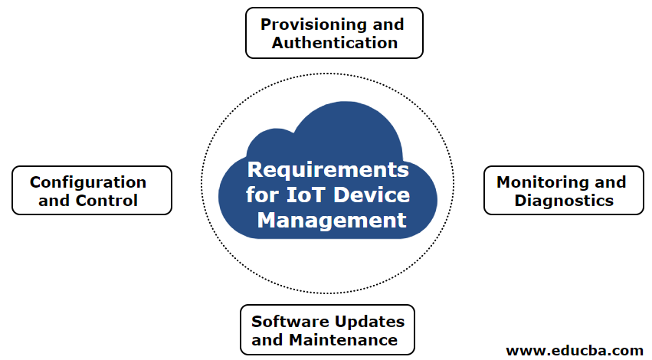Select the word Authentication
click(335, 43)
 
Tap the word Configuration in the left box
click(88, 182)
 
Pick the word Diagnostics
click(564, 201)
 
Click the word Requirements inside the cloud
click(328, 169)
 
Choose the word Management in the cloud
click(332, 221)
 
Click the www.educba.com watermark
click(575, 350)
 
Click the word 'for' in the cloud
click(261, 195)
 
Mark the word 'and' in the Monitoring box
click(611, 182)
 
